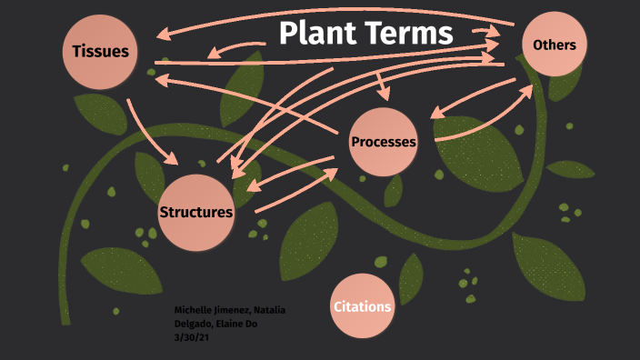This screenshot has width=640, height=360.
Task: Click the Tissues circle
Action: pyautogui.click(x=100, y=51)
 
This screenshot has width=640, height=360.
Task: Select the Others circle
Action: pyautogui.click(x=555, y=45)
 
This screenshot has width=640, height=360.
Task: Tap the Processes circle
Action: pyautogui.click(x=384, y=142)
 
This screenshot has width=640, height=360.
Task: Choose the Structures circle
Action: pyautogui.click(x=196, y=212)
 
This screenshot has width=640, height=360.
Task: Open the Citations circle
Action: pyautogui.click(x=363, y=306)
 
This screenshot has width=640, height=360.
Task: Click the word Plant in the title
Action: pyautogui.click(x=316, y=34)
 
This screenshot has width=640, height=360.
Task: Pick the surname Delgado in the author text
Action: pyautogui.click(x=194, y=324)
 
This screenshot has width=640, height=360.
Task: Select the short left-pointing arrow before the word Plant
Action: pyautogui.click(x=237, y=48)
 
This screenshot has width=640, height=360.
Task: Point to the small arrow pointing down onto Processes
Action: pyautogui.click(x=383, y=86)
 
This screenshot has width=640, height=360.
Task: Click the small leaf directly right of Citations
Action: pyautogui.click(x=411, y=276)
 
